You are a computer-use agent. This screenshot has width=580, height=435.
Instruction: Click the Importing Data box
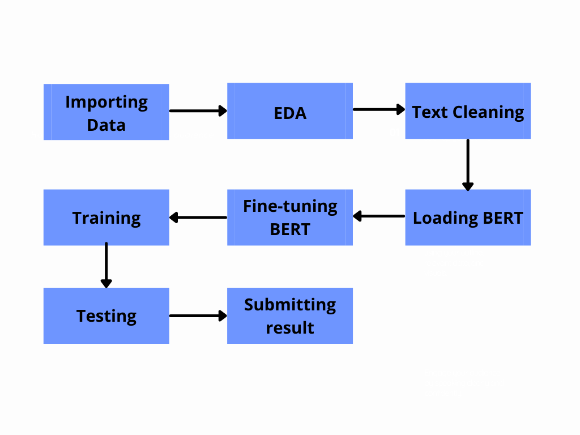pos(106,112)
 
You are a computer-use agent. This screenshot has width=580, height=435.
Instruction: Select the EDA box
pos(290,111)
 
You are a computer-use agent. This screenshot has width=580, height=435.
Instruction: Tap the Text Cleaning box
pos(468,111)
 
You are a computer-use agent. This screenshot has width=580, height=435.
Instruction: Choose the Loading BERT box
pos(468,217)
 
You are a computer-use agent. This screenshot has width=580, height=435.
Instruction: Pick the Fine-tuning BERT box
pos(290,217)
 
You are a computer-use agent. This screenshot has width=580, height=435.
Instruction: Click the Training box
pos(106,217)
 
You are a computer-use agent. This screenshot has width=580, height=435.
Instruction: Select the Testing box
pos(106,316)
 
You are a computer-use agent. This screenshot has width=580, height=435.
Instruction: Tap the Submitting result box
pos(290,316)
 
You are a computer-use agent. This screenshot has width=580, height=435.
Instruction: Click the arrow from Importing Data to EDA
pos(198,110)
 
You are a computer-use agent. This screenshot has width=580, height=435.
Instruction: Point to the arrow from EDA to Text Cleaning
pos(379,109)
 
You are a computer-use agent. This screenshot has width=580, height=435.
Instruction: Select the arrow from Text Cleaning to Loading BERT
pos(468,165)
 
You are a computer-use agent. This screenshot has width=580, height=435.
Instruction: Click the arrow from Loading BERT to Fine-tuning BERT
pos(379,216)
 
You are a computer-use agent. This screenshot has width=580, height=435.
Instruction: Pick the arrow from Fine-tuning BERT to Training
pos(198,217)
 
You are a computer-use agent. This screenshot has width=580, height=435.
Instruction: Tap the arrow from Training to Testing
pos(106,265)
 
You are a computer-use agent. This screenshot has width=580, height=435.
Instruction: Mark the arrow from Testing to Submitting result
pos(198,316)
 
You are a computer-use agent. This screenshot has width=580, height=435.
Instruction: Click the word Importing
pos(106,103)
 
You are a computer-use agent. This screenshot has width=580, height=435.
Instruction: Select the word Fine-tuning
pos(291,207)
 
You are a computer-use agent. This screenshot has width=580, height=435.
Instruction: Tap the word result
pos(290,328)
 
